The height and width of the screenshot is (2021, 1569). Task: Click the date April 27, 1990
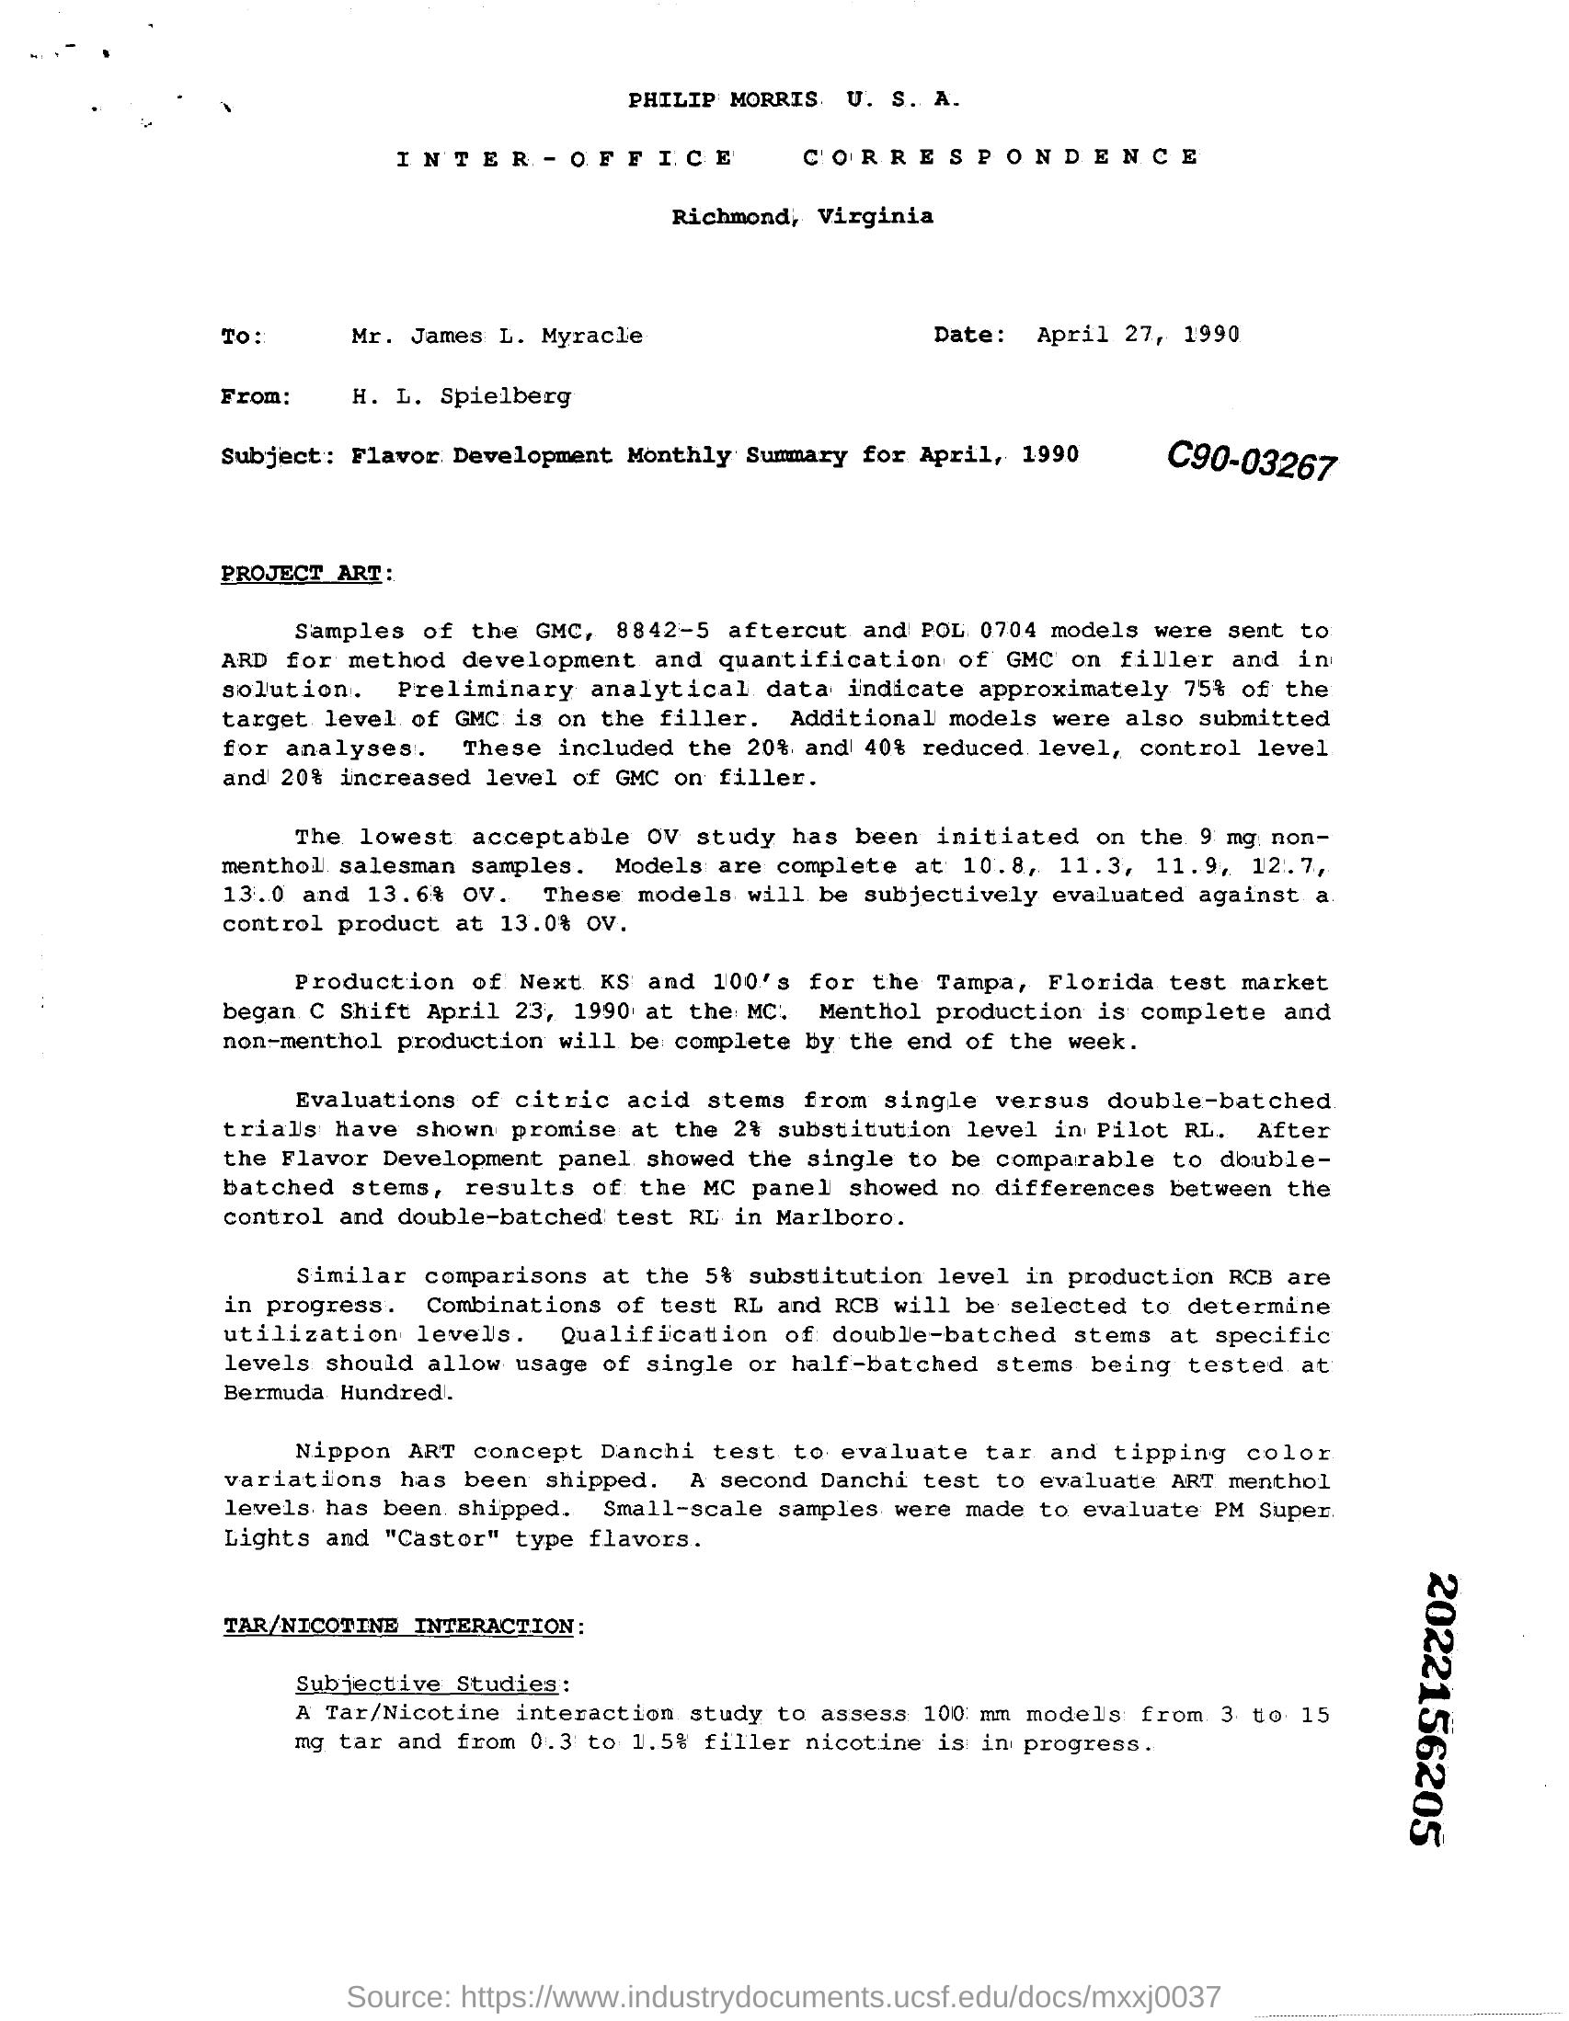pyautogui.click(x=1138, y=334)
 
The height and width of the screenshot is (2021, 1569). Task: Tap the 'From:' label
pyautogui.click(x=257, y=396)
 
